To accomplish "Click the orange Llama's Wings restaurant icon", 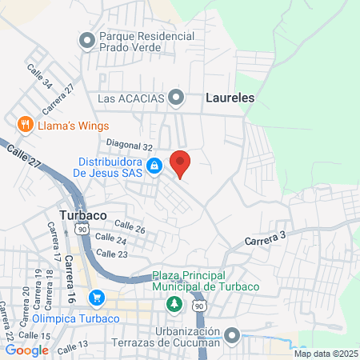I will pos(26,125).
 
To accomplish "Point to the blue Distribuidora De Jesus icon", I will pos(156,166).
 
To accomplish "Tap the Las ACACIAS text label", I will pos(132,98).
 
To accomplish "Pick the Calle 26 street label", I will pos(130,229).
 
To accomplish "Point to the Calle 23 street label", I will pos(111,254).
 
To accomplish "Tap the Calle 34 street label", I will pos(39,77).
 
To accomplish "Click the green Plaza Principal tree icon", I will pos(173,305).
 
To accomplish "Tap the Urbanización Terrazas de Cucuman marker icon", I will pos(232,335).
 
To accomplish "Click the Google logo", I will pos(26,350).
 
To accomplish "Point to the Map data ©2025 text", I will pos(326,353).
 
